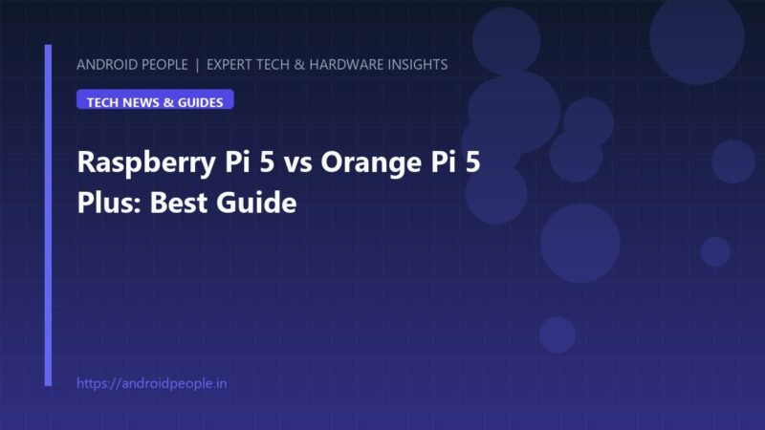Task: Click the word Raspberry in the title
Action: coord(146,162)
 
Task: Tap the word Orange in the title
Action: coord(371,162)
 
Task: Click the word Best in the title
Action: coord(179,202)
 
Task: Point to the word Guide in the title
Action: coord(256,202)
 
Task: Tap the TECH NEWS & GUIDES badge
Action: coord(155,99)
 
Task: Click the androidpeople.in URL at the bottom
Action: coord(152,383)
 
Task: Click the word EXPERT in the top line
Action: coord(229,64)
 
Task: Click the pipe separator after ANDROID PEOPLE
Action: coord(197,65)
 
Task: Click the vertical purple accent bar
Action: coord(48,215)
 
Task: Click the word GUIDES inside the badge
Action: coord(201,102)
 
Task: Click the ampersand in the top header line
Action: coord(299,64)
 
